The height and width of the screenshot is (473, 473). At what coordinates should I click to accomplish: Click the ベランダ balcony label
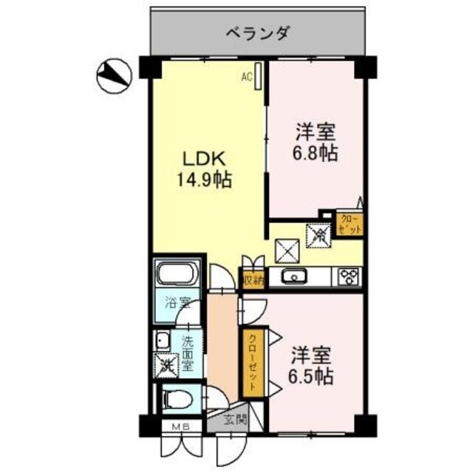[x=257, y=33]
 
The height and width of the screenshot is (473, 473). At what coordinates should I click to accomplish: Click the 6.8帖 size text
[x=317, y=154]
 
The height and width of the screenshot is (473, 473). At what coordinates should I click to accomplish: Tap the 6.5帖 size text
[x=310, y=375]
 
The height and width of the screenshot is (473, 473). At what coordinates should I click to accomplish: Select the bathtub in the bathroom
[x=177, y=277]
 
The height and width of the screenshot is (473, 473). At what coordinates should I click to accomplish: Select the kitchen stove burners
[x=349, y=277]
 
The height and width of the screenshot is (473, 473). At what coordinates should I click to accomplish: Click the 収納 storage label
[x=253, y=280]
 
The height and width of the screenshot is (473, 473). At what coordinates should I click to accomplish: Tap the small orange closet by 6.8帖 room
[x=350, y=223]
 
